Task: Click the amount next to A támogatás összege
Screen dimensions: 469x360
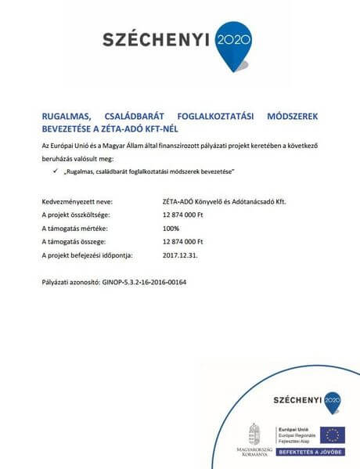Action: click(182, 241)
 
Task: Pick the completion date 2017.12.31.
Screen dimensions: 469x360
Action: click(181, 255)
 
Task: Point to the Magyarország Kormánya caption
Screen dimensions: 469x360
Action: click(254, 451)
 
